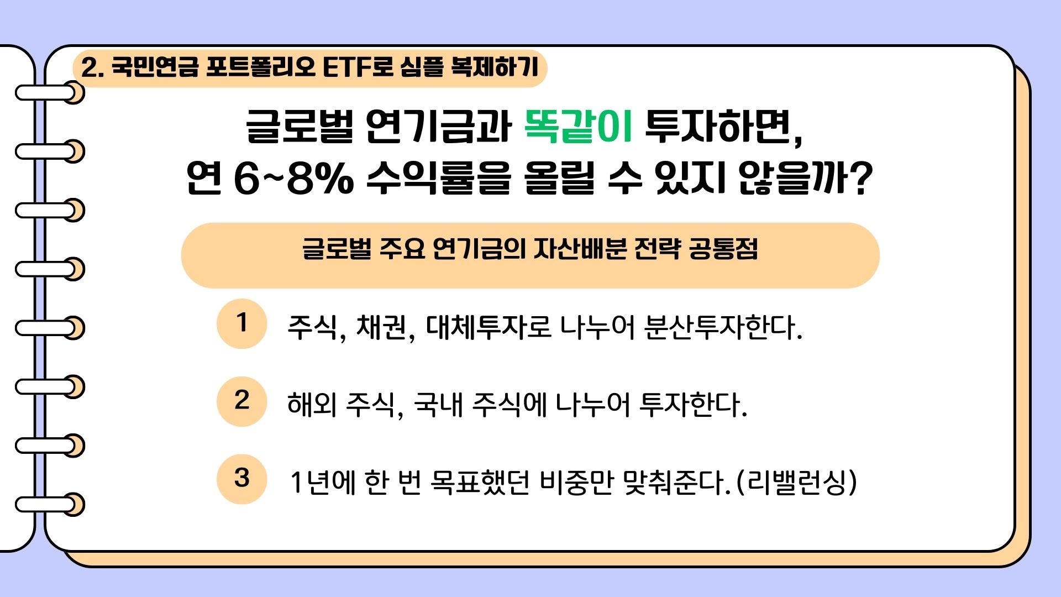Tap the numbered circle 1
click(x=242, y=324)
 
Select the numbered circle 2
click(x=242, y=402)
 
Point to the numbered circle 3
click(x=242, y=479)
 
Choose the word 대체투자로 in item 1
click(x=489, y=327)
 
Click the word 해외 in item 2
click(x=312, y=405)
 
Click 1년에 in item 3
click(x=322, y=483)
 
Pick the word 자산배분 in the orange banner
click(x=580, y=249)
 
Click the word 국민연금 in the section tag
click(x=154, y=67)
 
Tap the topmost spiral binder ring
click(x=50, y=92)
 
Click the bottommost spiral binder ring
click(x=50, y=505)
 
